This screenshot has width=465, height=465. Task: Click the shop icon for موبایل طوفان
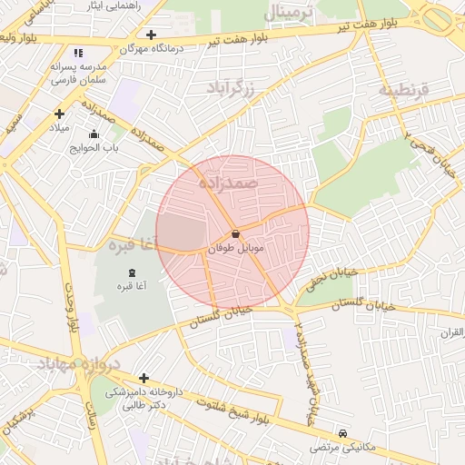coord(236,233)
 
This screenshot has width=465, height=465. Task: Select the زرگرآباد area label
coord(240,89)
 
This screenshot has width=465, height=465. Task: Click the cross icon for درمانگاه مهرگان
coord(151,35)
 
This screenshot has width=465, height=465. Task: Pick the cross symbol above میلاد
coord(59,114)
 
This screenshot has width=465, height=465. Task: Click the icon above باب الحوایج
coord(94,134)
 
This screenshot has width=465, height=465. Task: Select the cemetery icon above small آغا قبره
coord(133,272)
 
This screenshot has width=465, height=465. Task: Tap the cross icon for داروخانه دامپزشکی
coord(143,378)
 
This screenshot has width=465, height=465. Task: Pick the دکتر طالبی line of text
coord(143,406)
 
